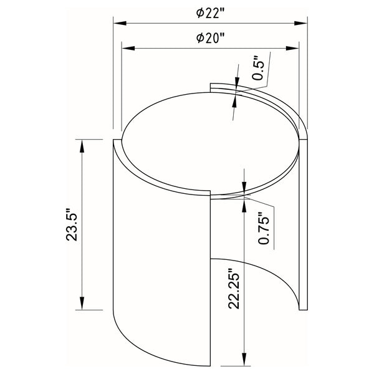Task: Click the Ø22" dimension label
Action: point(210,12)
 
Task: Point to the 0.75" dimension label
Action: point(264,229)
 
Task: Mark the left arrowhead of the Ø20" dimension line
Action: point(125,48)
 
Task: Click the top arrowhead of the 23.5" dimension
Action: point(82,145)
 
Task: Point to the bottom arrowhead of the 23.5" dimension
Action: point(82,305)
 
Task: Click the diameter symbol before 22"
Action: point(199,12)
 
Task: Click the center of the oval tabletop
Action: point(210,143)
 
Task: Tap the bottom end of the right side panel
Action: point(304,308)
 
